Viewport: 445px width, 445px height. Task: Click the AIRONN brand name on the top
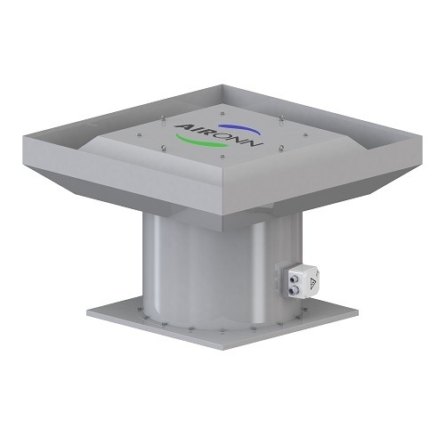coord(219,136)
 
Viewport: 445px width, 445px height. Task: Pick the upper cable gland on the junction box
coord(295,278)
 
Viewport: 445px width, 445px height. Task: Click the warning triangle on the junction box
coord(312,284)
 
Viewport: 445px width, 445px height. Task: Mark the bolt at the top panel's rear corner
coord(222,113)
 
